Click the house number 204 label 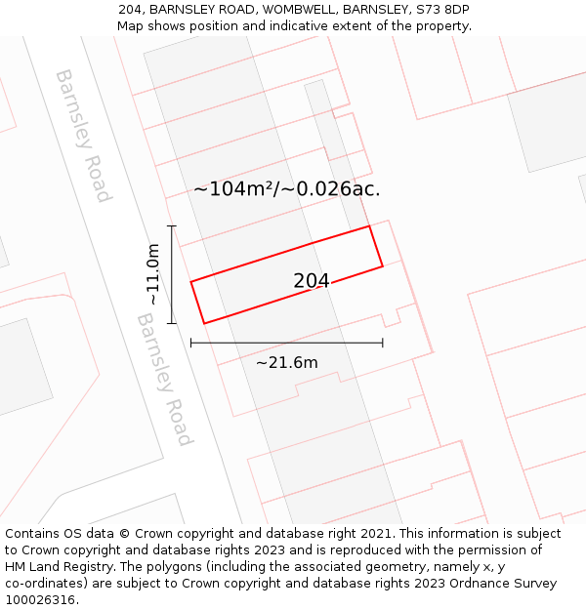pyautogui.click(x=312, y=281)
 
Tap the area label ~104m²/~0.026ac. pyautogui.click(x=287, y=189)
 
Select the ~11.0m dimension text pyautogui.click(x=153, y=274)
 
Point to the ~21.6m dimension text pyautogui.click(x=286, y=363)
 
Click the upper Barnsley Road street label pyautogui.click(x=83, y=135)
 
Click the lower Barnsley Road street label pyautogui.click(x=164, y=379)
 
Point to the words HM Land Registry pyautogui.click(x=58, y=567)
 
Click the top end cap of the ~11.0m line pyautogui.click(x=172, y=226)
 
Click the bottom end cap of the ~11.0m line pyautogui.click(x=172, y=323)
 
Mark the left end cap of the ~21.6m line pyautogui.click(x=191, y=343)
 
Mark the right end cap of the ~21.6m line pyautogui.click(x=383, y=343)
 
